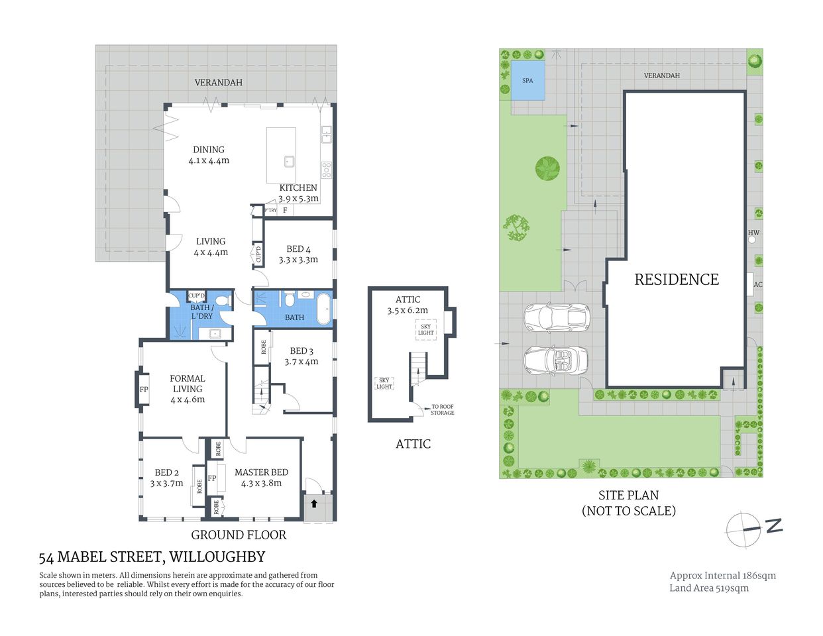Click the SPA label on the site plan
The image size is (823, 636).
click(x=527, y=81)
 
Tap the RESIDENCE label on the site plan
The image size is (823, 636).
click(x=676, y=280)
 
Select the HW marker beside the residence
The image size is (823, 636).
click(x=753, y=233)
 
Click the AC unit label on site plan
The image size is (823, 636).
click(x=757, y=285)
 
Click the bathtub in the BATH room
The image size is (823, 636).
click(x=323, y=309)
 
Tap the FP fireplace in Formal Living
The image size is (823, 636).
click(x=144, y=390)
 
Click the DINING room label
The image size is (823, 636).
click(x=209, y=150)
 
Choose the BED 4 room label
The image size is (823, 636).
click(x=298, y=249)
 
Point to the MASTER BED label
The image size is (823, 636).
click(x=261, y=472)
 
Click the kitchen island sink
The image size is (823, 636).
click(x=290, y=160)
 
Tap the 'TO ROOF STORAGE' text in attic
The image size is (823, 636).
click(x=442, y=410)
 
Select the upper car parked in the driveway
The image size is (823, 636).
click(x=557, y=317)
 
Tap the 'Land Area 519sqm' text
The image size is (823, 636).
click(x=708, y=588)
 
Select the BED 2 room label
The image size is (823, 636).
click(x=167, y=472)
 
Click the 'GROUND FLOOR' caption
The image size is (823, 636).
click(x=239, y=535)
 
